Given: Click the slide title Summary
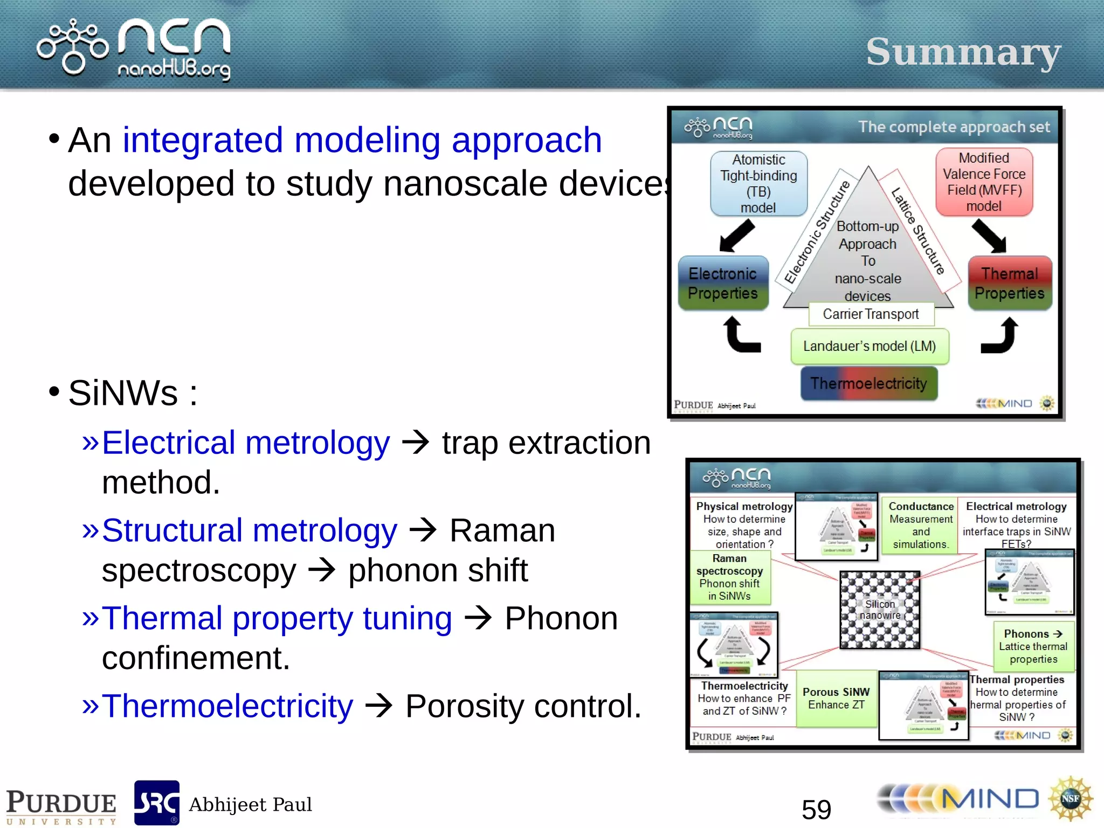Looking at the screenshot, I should [x=963, y=53].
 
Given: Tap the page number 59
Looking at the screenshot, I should [x=816, y=809].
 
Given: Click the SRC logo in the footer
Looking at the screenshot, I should [x=156, y=803].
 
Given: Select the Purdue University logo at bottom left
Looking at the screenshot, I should [x=61, y=806].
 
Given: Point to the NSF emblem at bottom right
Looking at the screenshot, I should [x=1070, y=798].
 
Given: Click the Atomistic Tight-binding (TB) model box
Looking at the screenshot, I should [x=758, y=183].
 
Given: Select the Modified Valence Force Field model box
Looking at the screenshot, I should [x=984, y=182].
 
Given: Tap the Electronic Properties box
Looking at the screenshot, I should [x=723, y=284].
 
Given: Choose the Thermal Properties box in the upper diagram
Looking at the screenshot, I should [x=1009, y=284].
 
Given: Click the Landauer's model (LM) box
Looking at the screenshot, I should [x=869, y=346].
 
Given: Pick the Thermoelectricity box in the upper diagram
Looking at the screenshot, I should [x=868, y=383].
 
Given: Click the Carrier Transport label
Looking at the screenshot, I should [x=871, y=314].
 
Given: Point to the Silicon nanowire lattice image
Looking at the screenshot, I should [x=880, y=610].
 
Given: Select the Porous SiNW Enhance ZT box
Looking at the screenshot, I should [x=836, y=699].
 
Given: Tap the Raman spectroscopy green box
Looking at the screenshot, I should [x=730, y=577].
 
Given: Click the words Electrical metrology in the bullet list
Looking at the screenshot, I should [x=246, y=443].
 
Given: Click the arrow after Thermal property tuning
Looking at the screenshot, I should [x=478, y=618].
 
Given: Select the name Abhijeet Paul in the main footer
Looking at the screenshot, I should [x=250, y=804].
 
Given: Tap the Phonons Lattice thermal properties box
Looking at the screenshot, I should [x=1033, y=646].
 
